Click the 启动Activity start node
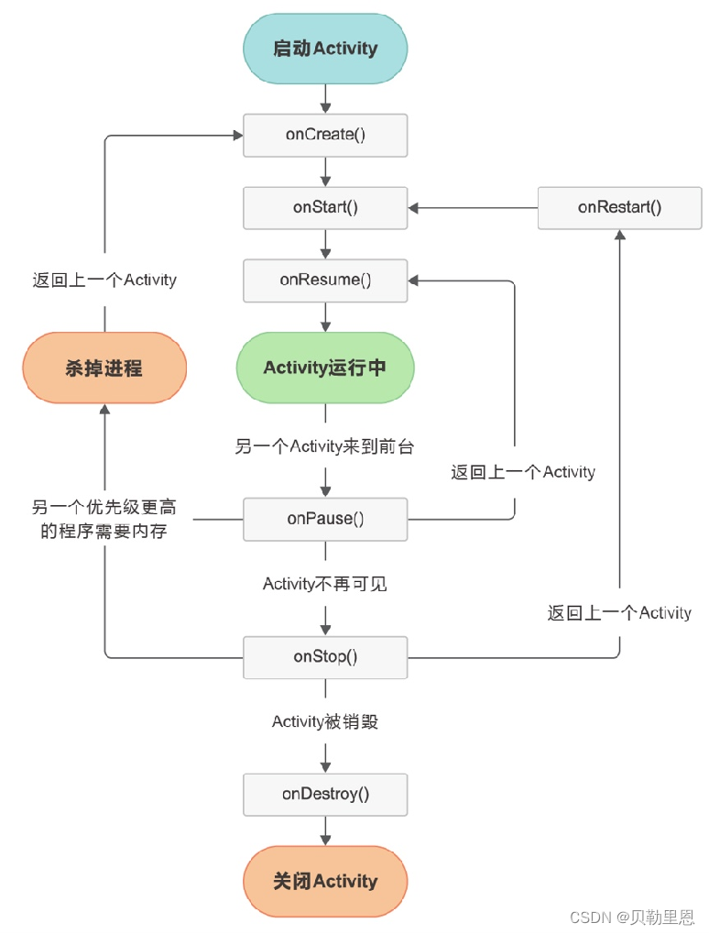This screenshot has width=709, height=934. tap(325, 48)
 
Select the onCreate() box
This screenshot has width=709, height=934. tap(325, 135)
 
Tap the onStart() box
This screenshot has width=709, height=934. tap(325, 207)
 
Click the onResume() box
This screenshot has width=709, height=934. tap(325, 280)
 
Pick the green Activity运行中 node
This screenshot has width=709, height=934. tap(325, 368)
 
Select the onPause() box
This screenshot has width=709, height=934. tap(325, 519)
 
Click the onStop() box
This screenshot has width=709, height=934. tap(325, 657)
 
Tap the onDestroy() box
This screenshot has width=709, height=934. tap(325, 795)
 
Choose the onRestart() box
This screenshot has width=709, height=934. tap(619, 207)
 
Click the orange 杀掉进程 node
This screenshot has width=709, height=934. tap(104, 368)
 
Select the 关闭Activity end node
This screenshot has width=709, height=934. tap(325, 882)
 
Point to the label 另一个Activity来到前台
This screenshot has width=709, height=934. tap(325, 447)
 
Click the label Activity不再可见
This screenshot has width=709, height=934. tap(325, 584)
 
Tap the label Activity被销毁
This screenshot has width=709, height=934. tap(325, 722)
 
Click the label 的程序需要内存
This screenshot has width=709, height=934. tap(104, 532)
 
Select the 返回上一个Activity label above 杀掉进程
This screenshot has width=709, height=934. tap(104, 280)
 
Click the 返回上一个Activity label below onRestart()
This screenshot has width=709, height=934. tap(619, 613)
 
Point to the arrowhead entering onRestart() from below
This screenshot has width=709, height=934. tap(620, 236)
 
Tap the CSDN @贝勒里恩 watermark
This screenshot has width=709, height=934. tap(631, 917)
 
